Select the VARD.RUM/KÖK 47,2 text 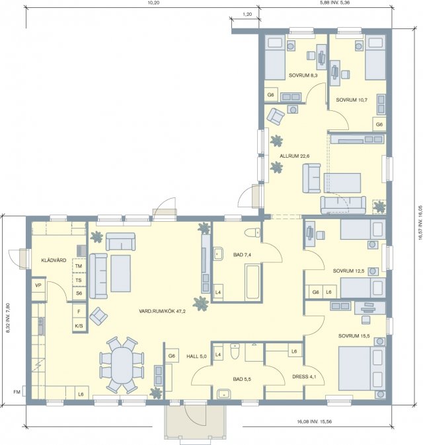tap(162, 312)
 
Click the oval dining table tap(122, 365)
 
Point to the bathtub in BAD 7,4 tap(252, 281)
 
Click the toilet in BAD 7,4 tap(252, 232)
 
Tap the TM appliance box tap(79, 266)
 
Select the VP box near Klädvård tap(38, 286)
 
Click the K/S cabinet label tap(79, 326)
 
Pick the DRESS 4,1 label tap(304, 377)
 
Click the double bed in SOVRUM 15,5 tap(362, 368)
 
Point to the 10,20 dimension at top tap(153, 3)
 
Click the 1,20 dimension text tap(247, 14)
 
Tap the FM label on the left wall tap(17, 392)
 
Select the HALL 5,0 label tap(196, 357)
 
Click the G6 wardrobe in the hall tap(172, 356)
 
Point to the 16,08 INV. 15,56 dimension tap(314, 422)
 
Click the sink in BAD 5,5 tap(224, 394)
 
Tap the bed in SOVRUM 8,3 tap(275, 57)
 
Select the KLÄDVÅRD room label tap(54, 260)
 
